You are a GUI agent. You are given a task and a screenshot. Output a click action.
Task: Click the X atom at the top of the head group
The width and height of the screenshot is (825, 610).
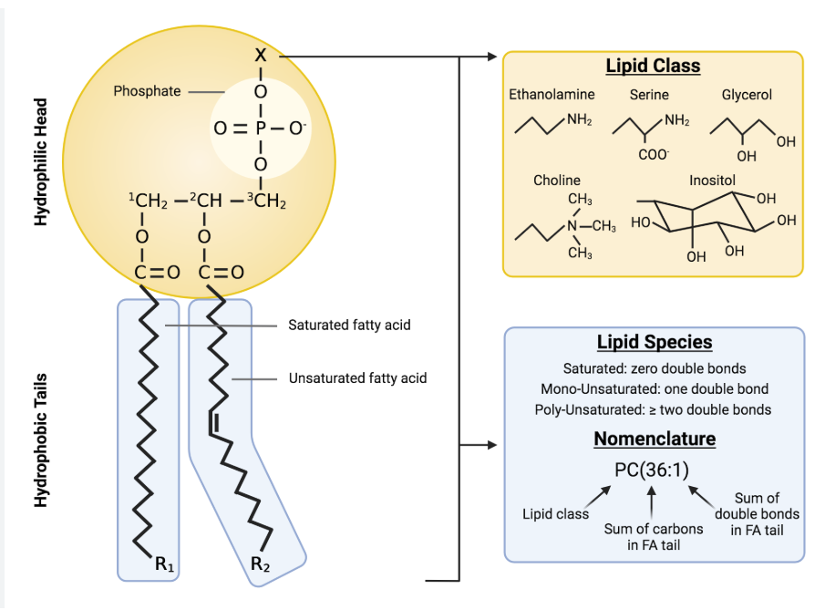coord(261,56)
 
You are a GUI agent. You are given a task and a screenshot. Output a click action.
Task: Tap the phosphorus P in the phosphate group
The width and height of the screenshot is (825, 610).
coord(261,129)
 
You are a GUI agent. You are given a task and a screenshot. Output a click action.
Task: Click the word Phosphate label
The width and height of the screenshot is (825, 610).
coord(147,91)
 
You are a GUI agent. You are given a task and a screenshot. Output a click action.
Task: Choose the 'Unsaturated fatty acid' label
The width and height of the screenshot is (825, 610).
coord(357,377)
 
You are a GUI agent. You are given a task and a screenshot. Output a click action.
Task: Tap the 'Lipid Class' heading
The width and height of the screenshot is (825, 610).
coord(653,67)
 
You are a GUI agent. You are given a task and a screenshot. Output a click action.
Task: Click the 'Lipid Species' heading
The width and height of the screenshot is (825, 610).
coord(654,343)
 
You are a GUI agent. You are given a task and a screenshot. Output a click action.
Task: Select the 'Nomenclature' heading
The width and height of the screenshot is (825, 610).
coord(654,439)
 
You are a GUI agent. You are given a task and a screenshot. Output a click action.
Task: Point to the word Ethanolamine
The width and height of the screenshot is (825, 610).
coord(552,94)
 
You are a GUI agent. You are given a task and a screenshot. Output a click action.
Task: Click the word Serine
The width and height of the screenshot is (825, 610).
coord(648,94)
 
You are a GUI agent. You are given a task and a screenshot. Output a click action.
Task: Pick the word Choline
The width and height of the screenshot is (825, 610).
coord(556,181)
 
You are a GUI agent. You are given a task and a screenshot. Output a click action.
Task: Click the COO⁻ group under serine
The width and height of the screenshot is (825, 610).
coord(653,155)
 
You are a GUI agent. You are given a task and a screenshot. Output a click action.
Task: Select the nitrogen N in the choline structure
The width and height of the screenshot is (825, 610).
coord(572,226)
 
